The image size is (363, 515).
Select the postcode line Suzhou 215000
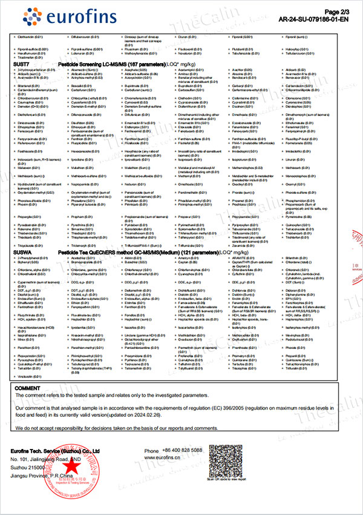pyautogui.click(x=39, y=468)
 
